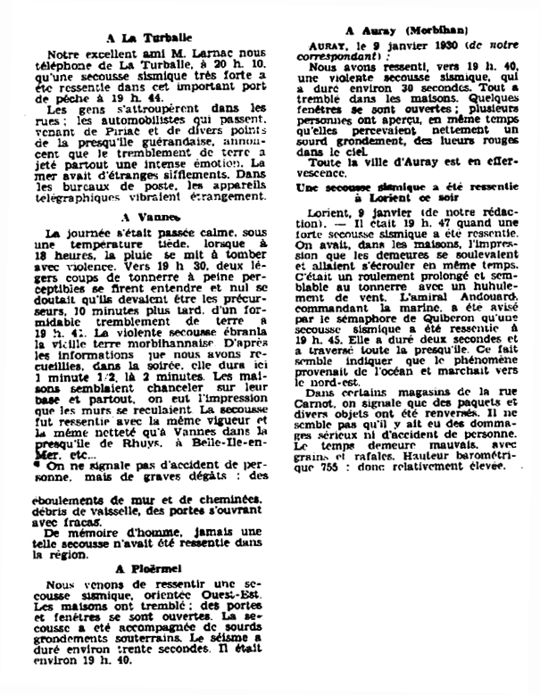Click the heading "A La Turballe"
(x=146, y=37)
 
